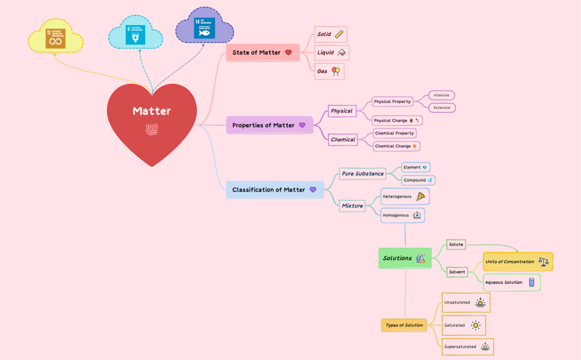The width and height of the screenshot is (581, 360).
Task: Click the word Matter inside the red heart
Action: click(x=152, y=111)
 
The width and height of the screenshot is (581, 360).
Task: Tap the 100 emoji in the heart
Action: click(x=152, y=129)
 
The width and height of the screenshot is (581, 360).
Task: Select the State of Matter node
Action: click(x=262, y=52)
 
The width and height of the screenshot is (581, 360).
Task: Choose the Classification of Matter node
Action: click(x=274, y=190)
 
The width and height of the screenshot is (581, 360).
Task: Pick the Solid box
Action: click(x=331, y=34)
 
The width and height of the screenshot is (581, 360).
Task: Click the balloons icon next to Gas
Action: click(x=335, y=71)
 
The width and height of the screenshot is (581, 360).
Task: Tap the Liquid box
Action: click(x=332, y=53)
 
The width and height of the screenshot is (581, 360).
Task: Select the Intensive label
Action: click(x=442, y=95)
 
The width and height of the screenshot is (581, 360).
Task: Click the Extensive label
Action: click(x=442, y=108)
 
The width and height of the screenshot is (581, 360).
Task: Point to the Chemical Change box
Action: click(x=396, y=146)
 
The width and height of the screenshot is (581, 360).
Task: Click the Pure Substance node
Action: click(x=362, y=174)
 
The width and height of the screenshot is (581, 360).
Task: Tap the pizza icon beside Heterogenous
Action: click(x=421, y=196)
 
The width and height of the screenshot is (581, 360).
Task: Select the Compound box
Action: click(x=418, y=180)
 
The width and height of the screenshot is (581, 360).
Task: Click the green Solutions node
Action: click(x=405, y=258)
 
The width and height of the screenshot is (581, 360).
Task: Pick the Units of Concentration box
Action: click(x=518, y=262)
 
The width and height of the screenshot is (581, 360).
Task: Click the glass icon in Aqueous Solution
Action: click(x=532, y=282)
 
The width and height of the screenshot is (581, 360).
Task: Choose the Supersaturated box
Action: click(x=467, y=347)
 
